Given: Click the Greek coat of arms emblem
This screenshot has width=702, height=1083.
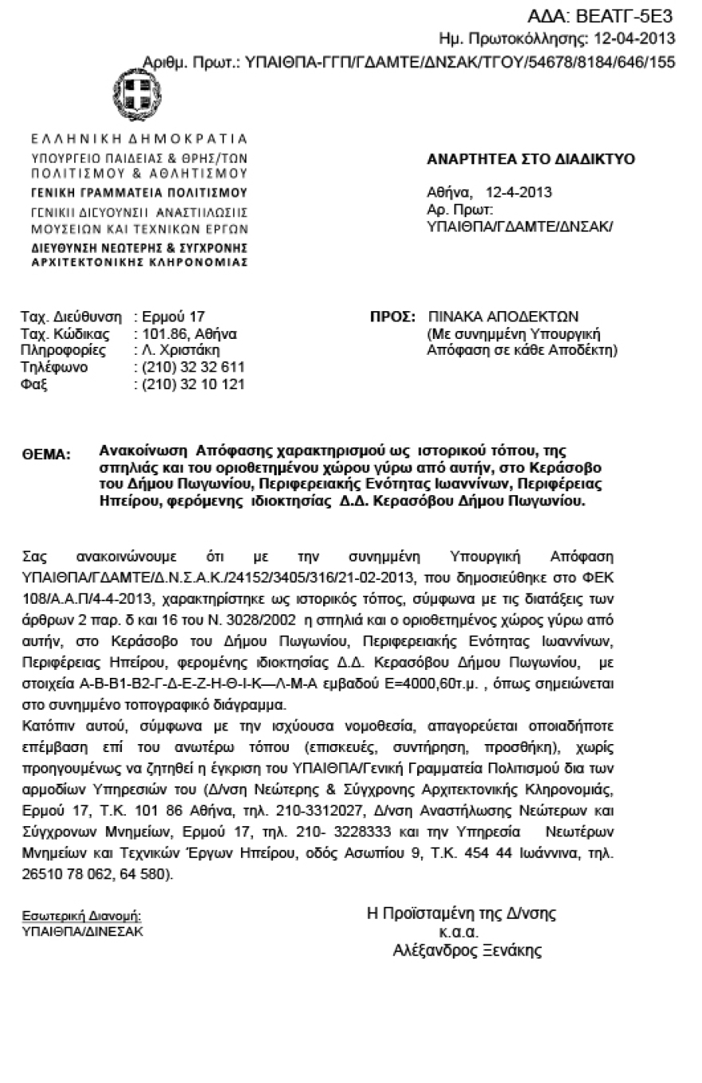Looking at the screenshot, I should pos(136,95).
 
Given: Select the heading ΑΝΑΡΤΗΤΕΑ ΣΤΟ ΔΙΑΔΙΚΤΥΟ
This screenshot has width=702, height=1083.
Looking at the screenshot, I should pos(530,159).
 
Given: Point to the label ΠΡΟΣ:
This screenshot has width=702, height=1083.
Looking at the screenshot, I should pos(392,317).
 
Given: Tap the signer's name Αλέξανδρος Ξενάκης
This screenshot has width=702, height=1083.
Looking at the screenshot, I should pos(467,951).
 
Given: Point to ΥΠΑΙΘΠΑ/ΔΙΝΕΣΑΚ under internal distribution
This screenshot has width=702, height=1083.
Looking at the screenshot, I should pos(83,931).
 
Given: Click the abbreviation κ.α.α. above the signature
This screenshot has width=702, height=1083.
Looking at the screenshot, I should pos(459,932).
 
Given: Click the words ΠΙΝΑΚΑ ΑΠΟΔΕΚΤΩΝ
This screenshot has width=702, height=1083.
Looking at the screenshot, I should pos(503,317).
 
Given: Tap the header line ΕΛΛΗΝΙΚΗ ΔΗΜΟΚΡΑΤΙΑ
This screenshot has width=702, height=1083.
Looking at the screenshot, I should pos(139,139).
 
